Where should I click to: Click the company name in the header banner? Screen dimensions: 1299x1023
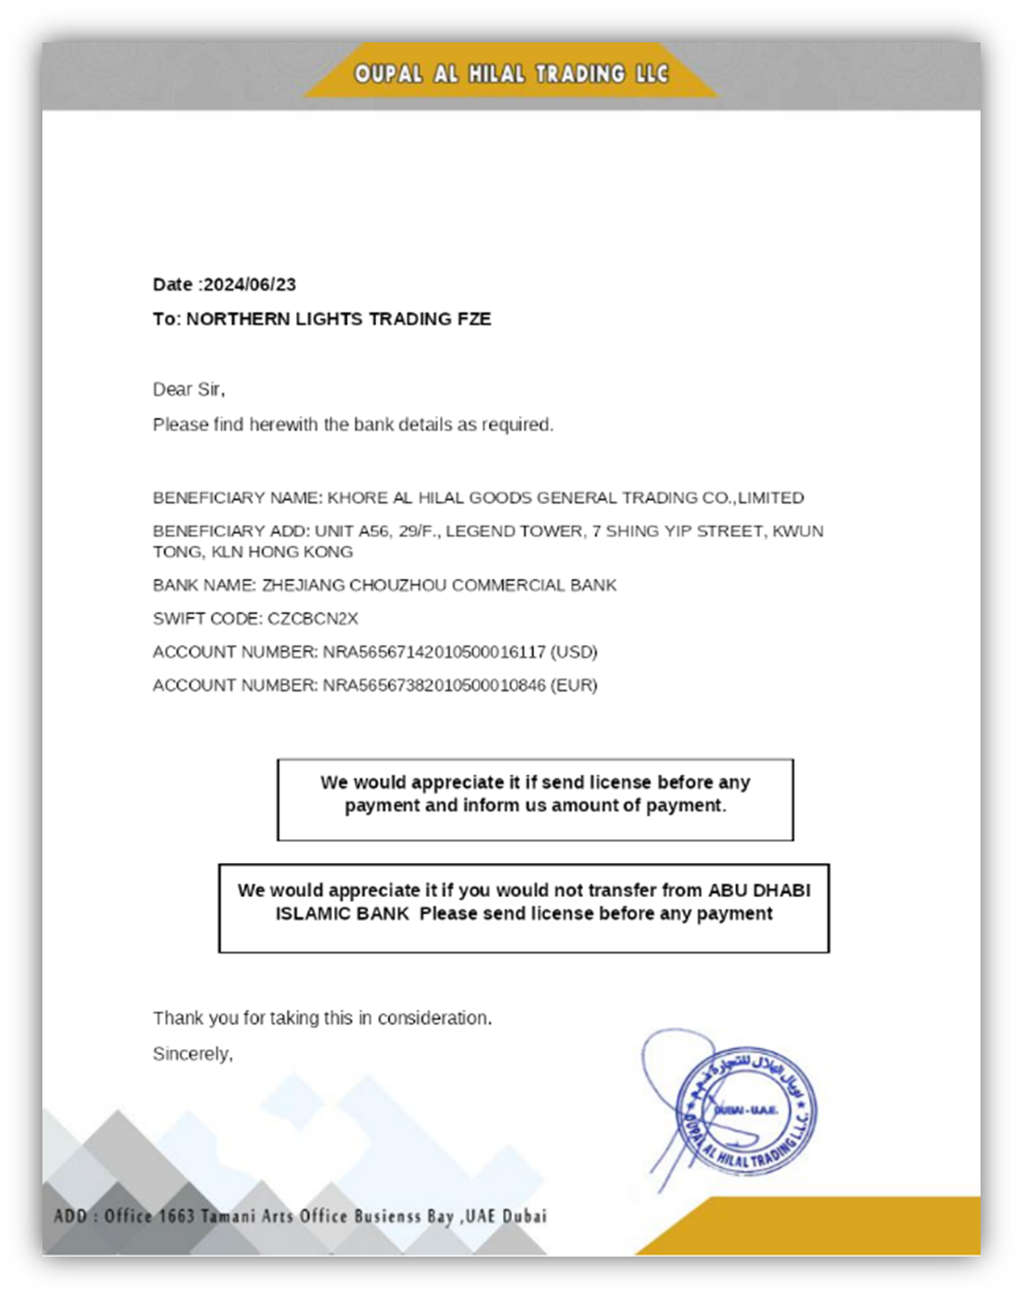tap(511, 74)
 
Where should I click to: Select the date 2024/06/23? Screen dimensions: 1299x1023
tap(250, 285)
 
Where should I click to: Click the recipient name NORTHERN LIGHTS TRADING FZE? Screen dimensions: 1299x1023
tap(339, 319)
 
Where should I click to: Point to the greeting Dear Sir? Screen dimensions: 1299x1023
tap(188, 390)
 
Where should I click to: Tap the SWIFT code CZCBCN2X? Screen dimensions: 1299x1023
tap(313, 619)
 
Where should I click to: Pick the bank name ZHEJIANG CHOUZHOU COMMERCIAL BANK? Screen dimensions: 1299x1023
tap(439, 585)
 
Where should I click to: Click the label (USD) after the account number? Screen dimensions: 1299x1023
tap(574, 652)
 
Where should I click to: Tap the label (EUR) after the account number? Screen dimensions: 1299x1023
tap(574, 685)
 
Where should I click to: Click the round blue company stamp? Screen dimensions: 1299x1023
tap(745, 1110)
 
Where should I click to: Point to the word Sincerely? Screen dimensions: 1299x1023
tap(192, 1054)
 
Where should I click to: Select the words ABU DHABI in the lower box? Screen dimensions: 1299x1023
tap(759, 891)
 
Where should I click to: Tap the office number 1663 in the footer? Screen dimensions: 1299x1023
tap(176, 1216)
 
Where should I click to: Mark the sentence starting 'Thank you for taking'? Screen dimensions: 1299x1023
tap(322, 1018)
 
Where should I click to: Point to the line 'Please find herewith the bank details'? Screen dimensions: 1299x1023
tap(352, 425)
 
